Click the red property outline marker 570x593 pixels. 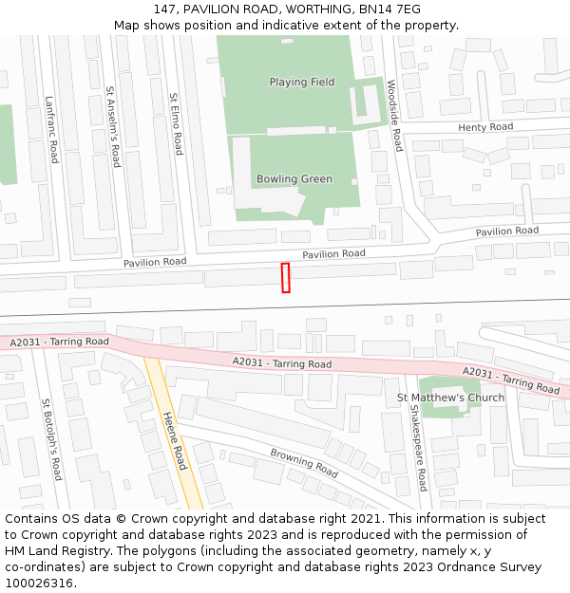tap(285, 278)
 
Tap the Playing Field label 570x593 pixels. tap(301, 83)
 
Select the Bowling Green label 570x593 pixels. tap(294, 179)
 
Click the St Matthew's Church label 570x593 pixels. tap(450, 398)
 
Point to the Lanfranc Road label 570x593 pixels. tap(51, 129)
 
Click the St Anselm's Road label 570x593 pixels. tap(113, 127)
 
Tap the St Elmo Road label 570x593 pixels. tap(176, 123)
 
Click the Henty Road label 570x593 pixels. tap(484, 127)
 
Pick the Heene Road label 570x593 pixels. tap(174, 440)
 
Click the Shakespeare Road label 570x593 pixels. tap(417, 448)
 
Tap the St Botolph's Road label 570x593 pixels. tap(51, 439)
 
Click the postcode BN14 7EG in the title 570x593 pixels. tap(389, 9)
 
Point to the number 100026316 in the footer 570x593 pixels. tap(39, 584)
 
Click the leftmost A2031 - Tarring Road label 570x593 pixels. tap(60, 342)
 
